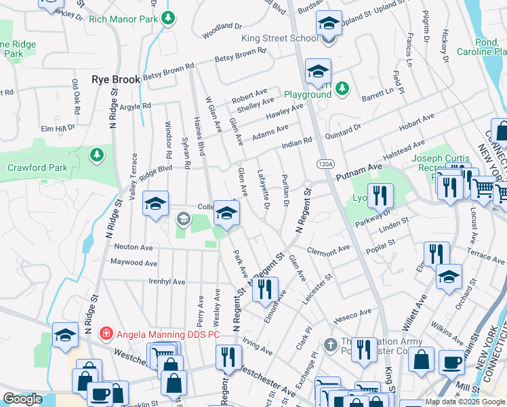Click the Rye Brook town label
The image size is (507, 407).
pos(115,79)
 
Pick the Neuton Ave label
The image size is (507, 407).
pos(134,247)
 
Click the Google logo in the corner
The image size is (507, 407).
pos(22,399)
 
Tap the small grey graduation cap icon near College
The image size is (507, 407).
pos(182,218)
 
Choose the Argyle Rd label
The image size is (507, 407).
pos(136,106)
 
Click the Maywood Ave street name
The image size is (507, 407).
pos(134,263)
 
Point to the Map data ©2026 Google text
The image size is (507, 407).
pos(466,402)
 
